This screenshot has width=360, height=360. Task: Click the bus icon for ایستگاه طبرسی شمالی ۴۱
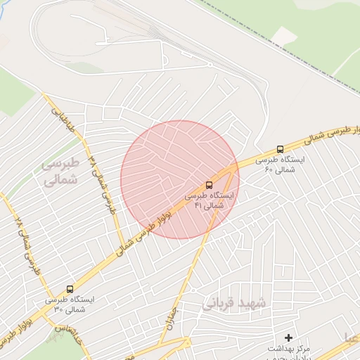(209, 184)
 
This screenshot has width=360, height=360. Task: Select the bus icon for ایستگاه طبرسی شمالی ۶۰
(281, 149)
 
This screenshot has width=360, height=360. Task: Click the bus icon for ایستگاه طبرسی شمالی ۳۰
(70, 288)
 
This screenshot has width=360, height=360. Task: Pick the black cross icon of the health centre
(288, 337)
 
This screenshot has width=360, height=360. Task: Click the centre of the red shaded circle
(179, 179)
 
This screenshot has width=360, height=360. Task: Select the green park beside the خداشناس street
(53, 348)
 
